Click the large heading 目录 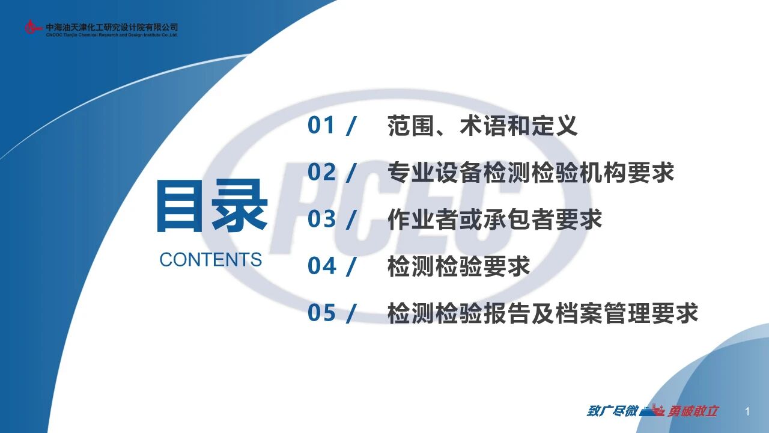(x=212, y=205)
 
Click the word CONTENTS (x=211, y=259)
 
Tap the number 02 (x=321, y=172)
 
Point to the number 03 (x=321, y=219)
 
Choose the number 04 (x=321, y=266)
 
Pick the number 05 (x=321, y=313)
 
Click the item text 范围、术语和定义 (x=482, y=126)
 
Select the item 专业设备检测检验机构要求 (x=530, y=172)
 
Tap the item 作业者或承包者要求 (x=494, y=220)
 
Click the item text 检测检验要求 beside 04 (x=458, y=266)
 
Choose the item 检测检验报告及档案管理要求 (x=543, y=313)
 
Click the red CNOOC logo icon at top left (x=32, y=27)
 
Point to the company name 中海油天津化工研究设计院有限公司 (x=112, y=27)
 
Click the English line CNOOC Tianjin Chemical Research (x=112, y=35)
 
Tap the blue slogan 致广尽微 (x=612, y=411)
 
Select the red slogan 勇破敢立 (x=693, y=411)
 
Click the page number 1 (x=747, y=411)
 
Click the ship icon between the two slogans (x=652, y=411)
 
